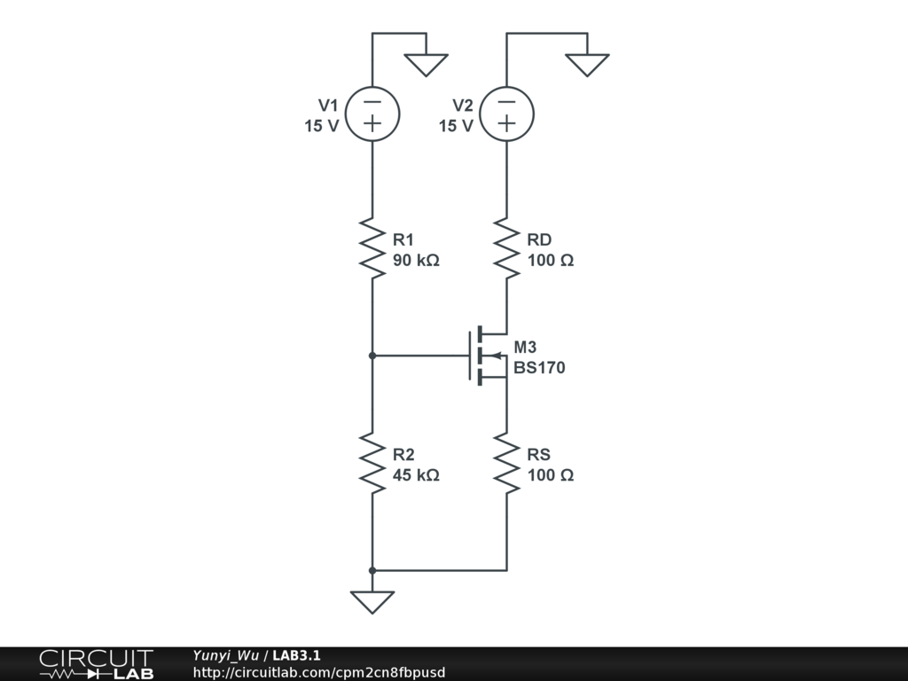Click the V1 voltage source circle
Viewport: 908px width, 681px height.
tap(372, 113)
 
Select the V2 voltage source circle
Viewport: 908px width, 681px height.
tap(506, 113)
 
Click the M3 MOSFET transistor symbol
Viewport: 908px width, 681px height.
tap(486, 356)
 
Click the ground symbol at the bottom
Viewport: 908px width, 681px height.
tap(372, 601)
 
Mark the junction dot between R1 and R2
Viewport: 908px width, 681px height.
tap(372, 356)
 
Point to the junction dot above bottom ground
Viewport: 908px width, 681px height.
tap(372, 570)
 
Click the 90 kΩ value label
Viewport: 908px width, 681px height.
tap(416, 262)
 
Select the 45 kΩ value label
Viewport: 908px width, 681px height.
tap(416, 475)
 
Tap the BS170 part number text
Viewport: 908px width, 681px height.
tap(539, 368)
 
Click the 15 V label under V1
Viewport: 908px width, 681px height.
tap(322, 126)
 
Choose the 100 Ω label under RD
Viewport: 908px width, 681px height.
tap(551, 262)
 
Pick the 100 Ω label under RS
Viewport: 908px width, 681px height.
tap(551, 475)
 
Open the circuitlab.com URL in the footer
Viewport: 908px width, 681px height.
tap(319, 672)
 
